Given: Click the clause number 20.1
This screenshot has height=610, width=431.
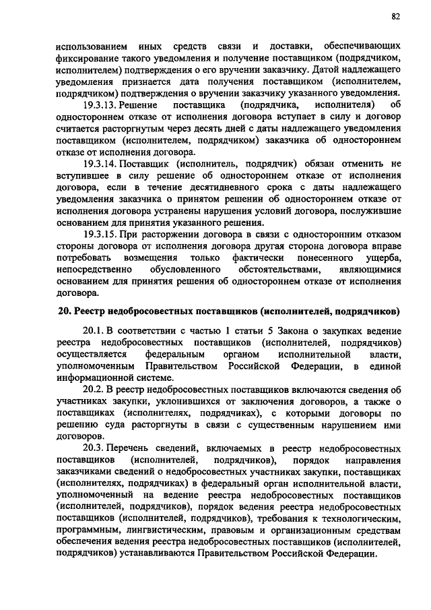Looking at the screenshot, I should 93,332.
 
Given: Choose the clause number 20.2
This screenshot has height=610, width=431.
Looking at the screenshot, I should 93,390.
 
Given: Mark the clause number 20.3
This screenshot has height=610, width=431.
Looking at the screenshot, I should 93,448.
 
